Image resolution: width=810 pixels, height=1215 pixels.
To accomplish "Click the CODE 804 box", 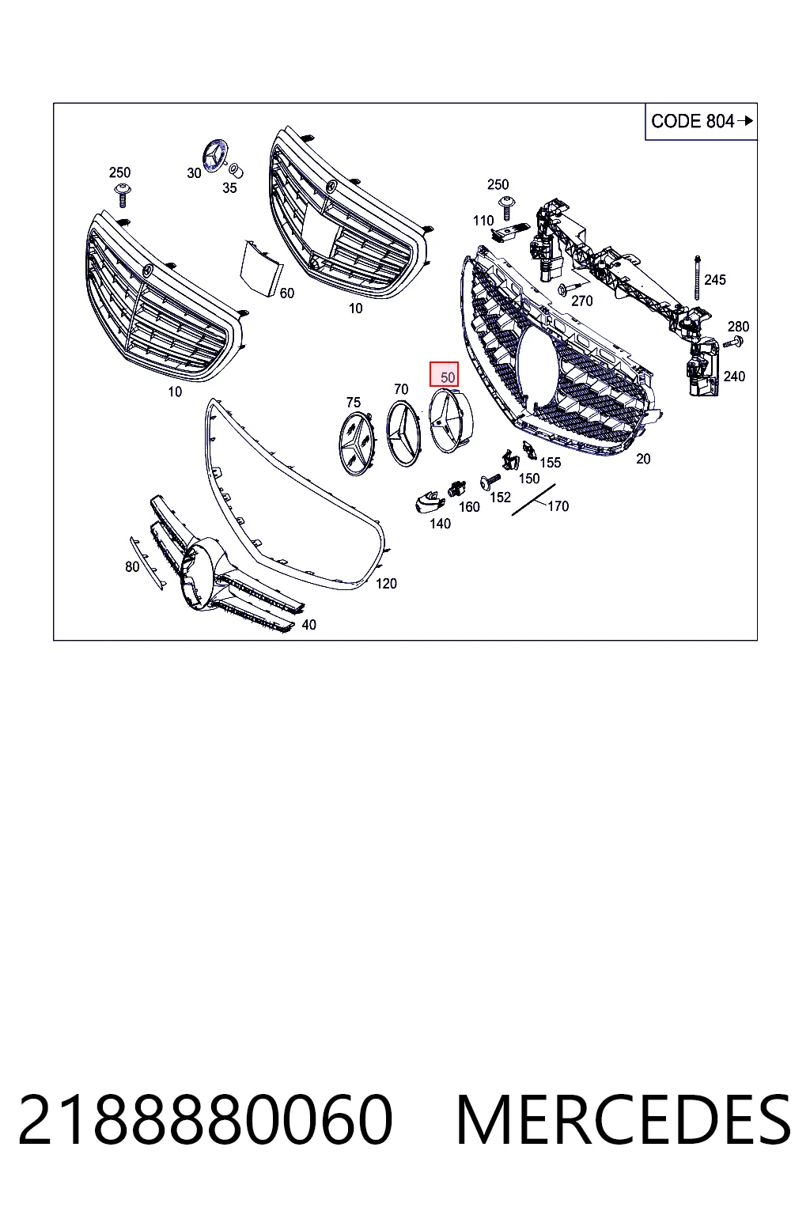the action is pos(700,121).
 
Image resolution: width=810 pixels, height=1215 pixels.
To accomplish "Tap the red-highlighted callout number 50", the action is pos(445,375).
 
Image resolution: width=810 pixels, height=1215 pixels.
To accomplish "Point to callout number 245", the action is pos(714,280).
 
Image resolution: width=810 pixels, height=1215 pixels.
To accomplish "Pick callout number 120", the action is pos(386,584).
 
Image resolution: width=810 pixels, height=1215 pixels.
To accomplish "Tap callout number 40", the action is pos(308,625).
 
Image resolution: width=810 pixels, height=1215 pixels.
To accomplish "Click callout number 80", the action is pos(132,567).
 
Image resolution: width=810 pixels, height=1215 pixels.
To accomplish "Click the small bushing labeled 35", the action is pos(237,171).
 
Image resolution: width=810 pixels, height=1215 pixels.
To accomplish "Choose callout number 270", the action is pos(582,301).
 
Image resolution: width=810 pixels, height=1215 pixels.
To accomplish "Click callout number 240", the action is pos(734,377).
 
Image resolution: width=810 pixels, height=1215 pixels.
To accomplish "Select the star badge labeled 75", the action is pos(355,443).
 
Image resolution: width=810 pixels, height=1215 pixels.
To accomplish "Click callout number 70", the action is pos(401,389).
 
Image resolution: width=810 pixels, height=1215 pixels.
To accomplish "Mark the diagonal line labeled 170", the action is pos(534,500).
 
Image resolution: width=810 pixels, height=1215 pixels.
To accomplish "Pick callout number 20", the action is pos(643,459).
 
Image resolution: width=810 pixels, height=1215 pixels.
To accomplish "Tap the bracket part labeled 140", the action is pos(430,500).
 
